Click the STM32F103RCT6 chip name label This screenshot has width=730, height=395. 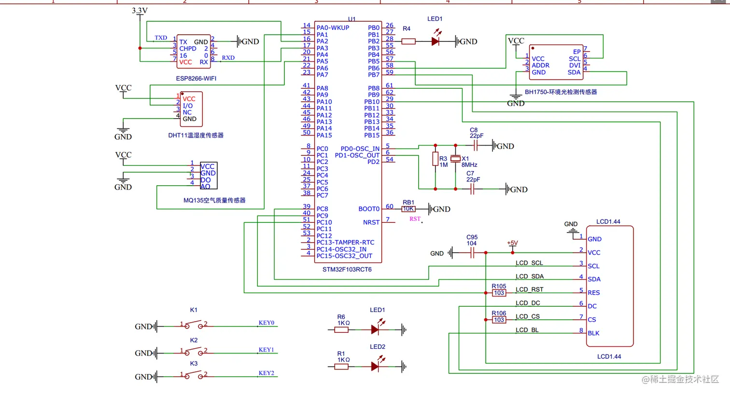click(x=347, y=270)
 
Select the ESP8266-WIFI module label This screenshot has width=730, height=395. click(x=196, y=78)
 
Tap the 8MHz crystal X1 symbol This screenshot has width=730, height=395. click(x=455, y=159)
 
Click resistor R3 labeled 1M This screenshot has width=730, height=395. click(x=435, y=159)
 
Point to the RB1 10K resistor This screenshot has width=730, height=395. click(x=408, y=209)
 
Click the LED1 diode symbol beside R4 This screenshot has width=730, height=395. click(x=435, y=41)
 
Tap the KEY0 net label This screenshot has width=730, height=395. click(x=266, y=323)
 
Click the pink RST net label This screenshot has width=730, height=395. click(x=415, y=219)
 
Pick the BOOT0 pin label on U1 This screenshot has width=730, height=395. click(x=369, y=209)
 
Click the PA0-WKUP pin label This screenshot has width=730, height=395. click(x=333, y=28)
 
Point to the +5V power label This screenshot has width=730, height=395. click(x=512, y=243)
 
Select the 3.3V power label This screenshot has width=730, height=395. click(x=140, y=11)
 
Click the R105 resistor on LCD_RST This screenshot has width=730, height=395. click(x=499, y=293)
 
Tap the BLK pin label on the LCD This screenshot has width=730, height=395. click(x=593, y=333)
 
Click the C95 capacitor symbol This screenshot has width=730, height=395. click(x=472, y=253)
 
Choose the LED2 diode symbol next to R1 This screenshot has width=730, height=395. click(x=375, y=367)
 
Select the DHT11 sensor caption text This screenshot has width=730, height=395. click(x=196, y=136)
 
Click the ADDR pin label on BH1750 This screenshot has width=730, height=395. click(x=540, y=66)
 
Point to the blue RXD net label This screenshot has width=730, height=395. click(x=228, y=58)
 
